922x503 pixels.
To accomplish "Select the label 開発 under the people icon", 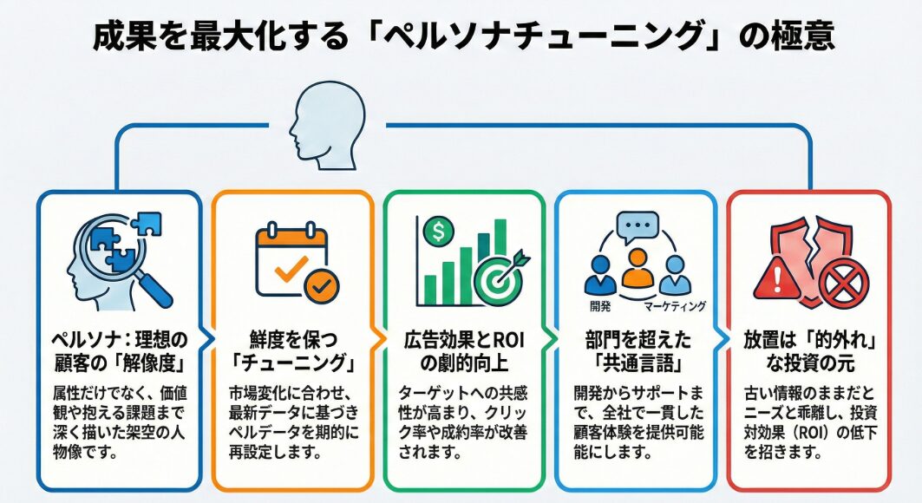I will (x=598, y=306).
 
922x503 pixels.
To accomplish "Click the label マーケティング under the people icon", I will (x=674, y=306).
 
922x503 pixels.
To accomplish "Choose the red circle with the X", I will (x=840, y=281).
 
